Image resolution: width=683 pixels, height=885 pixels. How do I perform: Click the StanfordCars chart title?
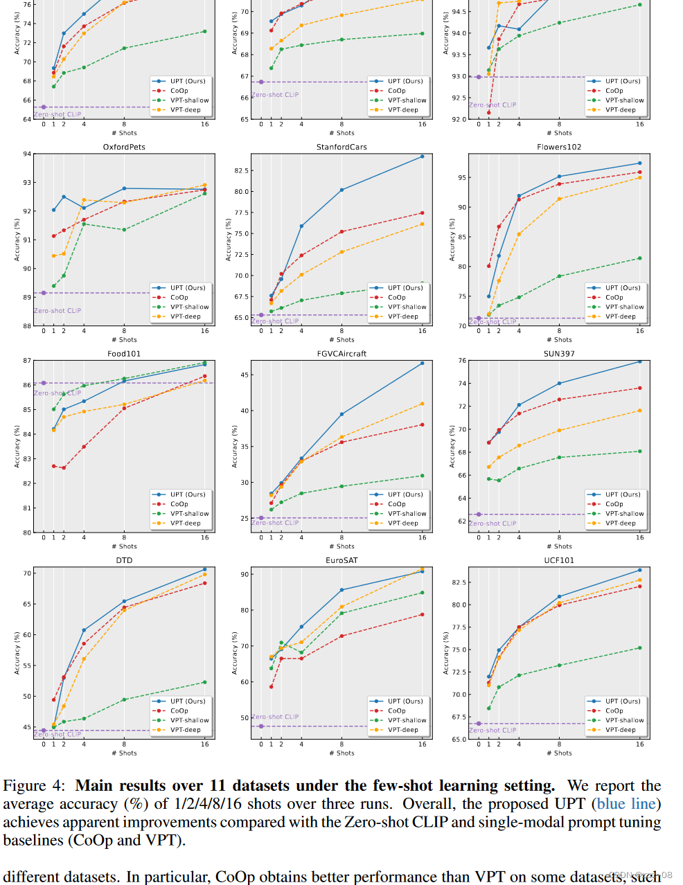(x=341, y=147)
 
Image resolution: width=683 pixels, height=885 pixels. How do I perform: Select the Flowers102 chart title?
(x=559, y=147)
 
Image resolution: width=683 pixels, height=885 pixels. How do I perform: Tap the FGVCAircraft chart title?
(x=341, y=354)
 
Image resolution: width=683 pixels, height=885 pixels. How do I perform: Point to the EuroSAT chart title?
(x=341, y=561)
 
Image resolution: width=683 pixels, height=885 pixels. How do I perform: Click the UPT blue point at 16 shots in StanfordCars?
(x=423, y=157)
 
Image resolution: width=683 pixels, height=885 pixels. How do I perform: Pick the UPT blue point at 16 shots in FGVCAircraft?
(x=423, y=363)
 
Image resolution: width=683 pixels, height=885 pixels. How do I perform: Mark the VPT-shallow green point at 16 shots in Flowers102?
(x=639, y=258)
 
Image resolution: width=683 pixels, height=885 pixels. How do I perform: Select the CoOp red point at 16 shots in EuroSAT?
(x=423, y=614)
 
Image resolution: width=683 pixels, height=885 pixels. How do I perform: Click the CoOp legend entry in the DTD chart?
(x=179, y=710)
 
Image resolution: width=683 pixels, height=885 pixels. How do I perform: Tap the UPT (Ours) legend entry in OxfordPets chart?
(x=188, y=288)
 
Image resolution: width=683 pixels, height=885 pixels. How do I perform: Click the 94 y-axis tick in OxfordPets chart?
(x=27, y=154)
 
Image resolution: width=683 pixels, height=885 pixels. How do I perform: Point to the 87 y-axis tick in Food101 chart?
(x=27, y=361)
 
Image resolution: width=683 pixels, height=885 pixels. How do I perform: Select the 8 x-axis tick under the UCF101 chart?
(x=559, y=744)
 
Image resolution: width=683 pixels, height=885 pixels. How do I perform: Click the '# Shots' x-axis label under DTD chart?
(x=124, y=753)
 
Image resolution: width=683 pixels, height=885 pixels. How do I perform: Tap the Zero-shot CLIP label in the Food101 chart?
(x=57, y=393)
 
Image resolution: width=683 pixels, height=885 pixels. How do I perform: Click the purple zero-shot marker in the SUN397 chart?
(x=479, y=515)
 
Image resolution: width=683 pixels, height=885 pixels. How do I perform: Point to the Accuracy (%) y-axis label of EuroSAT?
(x=235, y=653)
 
